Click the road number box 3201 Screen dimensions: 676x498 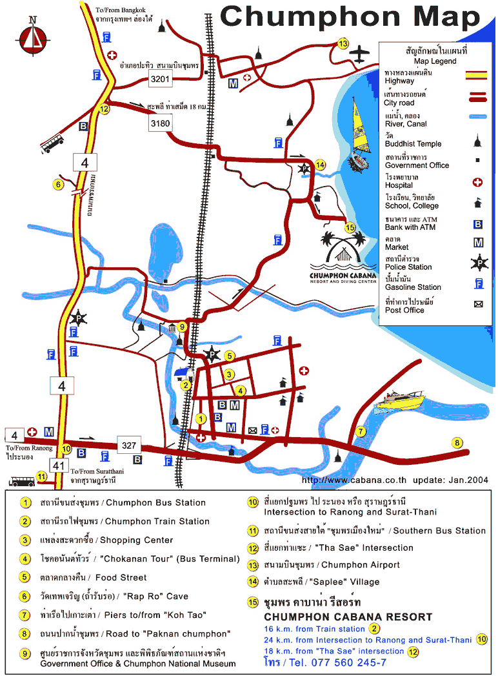coord(160,79)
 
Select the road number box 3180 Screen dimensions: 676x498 coord(160,123)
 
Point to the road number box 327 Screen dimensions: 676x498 coord(129,445)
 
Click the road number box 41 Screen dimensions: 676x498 coord(41,464)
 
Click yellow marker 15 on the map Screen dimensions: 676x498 coord(350,227)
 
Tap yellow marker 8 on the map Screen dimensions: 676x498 coord(457,443)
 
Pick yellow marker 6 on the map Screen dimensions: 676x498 coord(57,185)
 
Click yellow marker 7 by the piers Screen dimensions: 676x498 coord(361,431)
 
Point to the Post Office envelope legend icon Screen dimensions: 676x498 coord(478,304)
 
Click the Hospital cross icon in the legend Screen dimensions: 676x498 coord(478,182)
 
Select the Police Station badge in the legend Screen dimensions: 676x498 coord(479,263)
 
